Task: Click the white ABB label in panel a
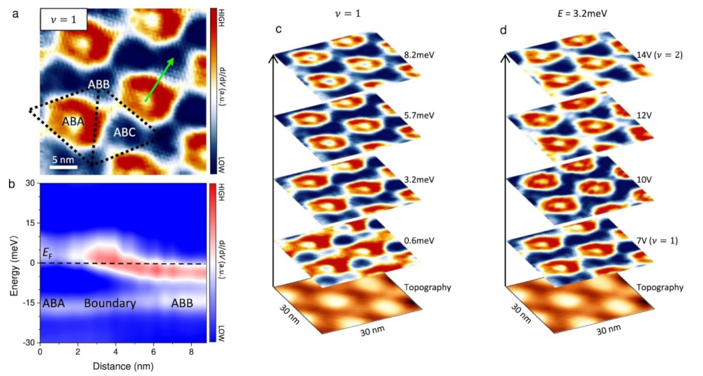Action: coord(98,85)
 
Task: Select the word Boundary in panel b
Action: coord(106,304)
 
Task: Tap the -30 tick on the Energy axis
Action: coord(27,343)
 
